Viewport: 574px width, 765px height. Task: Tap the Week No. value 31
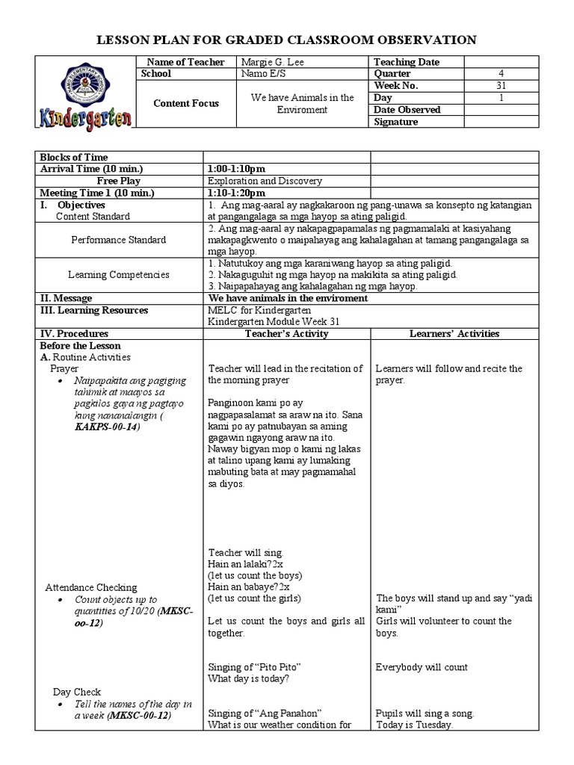pos(501,86)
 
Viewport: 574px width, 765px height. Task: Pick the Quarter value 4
pos(501,74)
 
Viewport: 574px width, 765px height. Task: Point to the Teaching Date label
pos(406,62)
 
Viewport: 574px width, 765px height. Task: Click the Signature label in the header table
pos(395,122)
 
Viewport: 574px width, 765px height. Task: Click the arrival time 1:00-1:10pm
pos(236,169)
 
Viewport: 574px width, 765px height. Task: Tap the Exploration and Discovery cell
pos(265,181)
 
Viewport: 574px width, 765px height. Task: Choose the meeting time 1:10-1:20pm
pos(236,193)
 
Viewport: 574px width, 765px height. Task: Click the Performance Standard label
pos(119,241)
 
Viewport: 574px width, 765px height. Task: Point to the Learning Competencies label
pos(119,275)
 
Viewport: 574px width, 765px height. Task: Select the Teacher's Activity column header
pos(286,333)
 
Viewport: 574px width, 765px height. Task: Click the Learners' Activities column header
pos(454,333)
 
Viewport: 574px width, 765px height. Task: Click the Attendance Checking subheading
pos(91,587)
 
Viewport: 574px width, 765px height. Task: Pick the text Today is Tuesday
pos(414,725)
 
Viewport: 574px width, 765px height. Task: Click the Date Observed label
pos(407,110)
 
